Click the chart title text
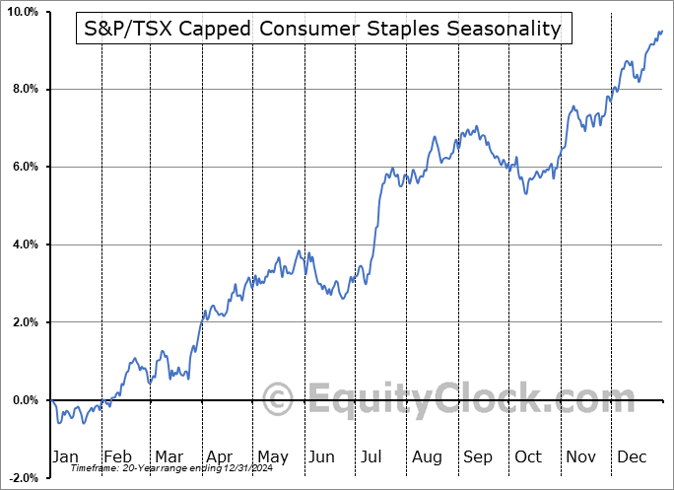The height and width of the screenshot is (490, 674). tap(318, 29)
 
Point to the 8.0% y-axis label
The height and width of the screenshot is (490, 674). tap(24, 90)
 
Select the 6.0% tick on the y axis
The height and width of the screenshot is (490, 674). tap(24, 167)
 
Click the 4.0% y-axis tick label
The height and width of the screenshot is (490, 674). tap(24, 245)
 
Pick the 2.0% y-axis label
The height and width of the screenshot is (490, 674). tap(24, 322)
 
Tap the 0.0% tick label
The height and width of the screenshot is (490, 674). tap(24, 400)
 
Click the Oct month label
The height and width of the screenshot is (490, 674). tap(528, 456)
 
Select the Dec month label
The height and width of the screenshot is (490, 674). tap(632, 456)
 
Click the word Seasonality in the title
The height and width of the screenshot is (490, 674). tap(503, 29)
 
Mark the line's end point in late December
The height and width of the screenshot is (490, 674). tap(662, 31)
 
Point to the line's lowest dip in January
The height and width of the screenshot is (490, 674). tap(59, 423)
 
